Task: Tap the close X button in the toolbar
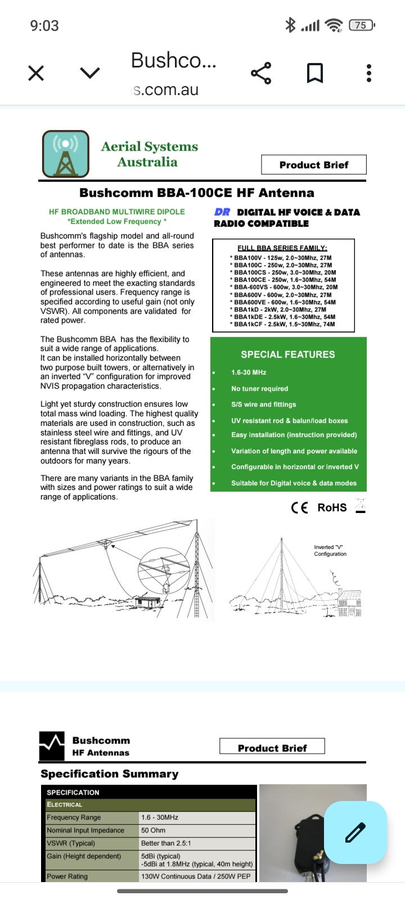(36, 73)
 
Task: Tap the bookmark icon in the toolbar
(314, 73)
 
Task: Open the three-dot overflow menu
(369, 73)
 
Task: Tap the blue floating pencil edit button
(355, 832)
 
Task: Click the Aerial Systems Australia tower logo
(66, 154)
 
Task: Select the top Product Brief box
(313, 165)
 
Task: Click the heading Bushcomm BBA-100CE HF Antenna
(196, 193)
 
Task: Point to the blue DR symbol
(222, 212)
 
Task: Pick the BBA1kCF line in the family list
(283, 324)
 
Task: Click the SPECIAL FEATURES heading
(287, 354)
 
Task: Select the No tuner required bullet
(259, 389)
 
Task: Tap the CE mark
(299, 507)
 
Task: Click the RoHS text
(332, 507)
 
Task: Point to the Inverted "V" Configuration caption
(330, 551)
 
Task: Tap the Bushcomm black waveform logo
(52, 746)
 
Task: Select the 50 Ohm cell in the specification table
(153, 830)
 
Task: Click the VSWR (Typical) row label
(71, 843)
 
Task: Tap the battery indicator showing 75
(361, 25)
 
